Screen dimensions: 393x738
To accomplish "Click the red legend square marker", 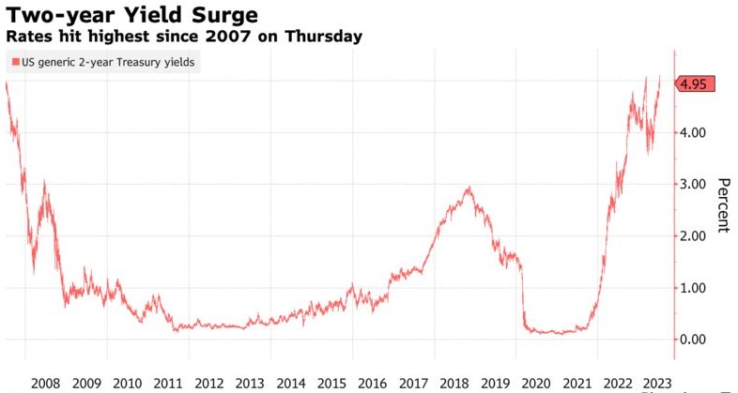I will pyautogui.click(x=14, y=63).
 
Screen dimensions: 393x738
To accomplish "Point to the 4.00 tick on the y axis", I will pyautogui.click(x=693, y=133).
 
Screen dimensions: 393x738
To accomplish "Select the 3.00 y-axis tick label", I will pyautogui.click(x=693, y=185).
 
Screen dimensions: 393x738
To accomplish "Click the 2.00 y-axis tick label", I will pyautogui.click(x=693, y=236).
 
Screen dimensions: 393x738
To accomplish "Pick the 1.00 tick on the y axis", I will pyautogui.click(x=693, y=288).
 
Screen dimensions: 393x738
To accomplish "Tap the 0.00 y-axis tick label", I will pyautogui.click(x=693, y=340).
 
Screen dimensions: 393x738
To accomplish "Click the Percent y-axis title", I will pyautogui.click(x=724, y=204).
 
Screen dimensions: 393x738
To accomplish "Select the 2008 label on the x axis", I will pyautogui.click(x=45, y=383).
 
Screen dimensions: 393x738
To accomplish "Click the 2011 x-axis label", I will pyautogui.click(x=168, y=383).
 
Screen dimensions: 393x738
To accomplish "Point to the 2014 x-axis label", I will pyautogui.click(x=291, y=383).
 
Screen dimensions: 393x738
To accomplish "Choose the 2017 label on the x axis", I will pyautogui.click(x=414, y=383).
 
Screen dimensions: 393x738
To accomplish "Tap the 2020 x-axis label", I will pyautogui.click(x=537, y=383).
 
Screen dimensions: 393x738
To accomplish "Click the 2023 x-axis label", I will pyautogui.click(x=655, y=383).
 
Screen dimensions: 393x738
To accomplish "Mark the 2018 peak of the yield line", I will pyautogui.click(x=469, y=188).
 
